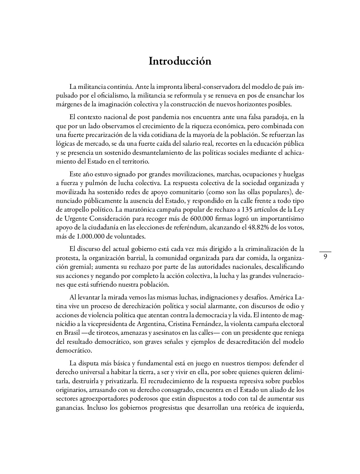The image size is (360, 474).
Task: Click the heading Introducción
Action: (x=180, y=61)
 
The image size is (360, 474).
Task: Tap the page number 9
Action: (x=325, y=257)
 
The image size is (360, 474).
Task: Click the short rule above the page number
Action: (x=325, y=252)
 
